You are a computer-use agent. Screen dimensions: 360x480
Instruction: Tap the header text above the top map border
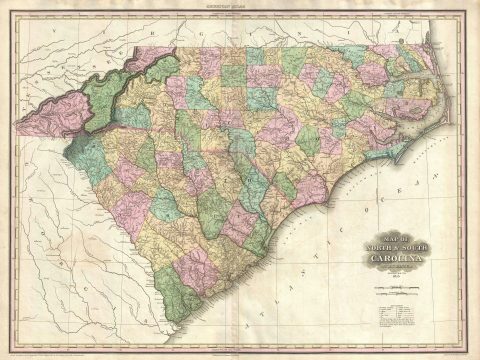point(240,5)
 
